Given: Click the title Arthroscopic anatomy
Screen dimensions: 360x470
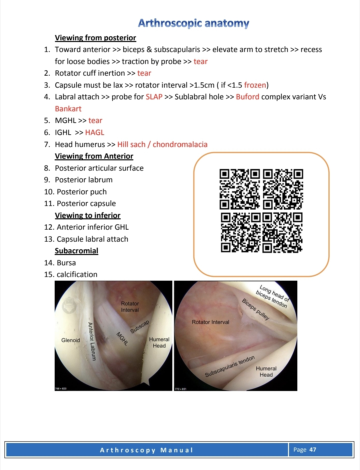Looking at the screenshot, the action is [x=194, y=23].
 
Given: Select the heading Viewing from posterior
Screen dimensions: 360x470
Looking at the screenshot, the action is [x=95, y=38].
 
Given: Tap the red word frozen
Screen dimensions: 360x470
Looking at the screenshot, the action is [x=255, y=85].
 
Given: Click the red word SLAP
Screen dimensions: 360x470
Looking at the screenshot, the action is [x=154, y=97].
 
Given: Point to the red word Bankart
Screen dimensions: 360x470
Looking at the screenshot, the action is [x=68, y=109].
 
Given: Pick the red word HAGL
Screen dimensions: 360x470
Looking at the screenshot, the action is [x=94, y=132].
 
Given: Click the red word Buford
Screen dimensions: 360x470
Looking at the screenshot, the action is [x=247, y=97].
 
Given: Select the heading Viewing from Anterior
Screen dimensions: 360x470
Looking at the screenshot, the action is [x=94, y=156].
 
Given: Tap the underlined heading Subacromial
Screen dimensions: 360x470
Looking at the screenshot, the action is [x=76, y=251].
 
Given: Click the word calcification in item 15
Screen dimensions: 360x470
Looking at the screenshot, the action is [x=77, y=274].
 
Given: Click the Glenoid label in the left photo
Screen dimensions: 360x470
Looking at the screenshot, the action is [x=70, y=340].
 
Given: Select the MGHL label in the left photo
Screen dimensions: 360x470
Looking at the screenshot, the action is [x=122, y=338].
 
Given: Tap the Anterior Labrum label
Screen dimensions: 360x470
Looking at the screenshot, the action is [x=92, y=341].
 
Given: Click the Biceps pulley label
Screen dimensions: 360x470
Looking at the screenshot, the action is [x=255, y=309].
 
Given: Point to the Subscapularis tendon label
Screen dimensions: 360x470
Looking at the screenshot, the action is [x=230, y=366].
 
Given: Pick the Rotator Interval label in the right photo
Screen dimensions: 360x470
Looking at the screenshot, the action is [x=210, y=322].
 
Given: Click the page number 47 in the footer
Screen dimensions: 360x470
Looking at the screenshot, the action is [x=313, y=449].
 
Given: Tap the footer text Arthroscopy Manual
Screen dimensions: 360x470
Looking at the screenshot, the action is [x=146, y=450].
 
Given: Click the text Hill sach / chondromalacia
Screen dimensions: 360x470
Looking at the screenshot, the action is [x=162, y=144].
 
